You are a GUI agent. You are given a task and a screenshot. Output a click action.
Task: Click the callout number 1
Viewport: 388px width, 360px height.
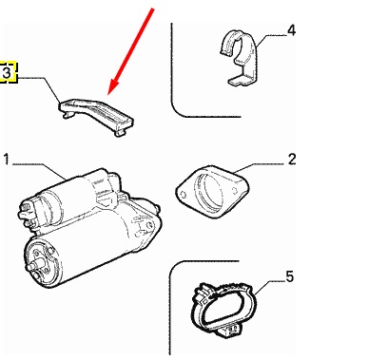[7, 160]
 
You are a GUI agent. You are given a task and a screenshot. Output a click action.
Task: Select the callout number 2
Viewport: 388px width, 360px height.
[292, 159]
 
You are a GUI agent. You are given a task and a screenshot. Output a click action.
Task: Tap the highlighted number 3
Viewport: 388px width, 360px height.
[7, 72]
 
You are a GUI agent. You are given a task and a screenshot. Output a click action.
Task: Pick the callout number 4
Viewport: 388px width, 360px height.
[291, 30]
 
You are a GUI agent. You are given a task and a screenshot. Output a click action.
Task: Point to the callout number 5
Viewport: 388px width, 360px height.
[290, 276]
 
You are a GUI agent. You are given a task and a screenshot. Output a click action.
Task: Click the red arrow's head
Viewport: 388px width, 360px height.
[111, 87]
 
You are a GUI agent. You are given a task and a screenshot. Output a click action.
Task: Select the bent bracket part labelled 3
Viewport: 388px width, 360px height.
[96, 116]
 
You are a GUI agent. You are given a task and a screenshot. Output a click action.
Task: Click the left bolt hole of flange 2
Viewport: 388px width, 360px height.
[183, 195]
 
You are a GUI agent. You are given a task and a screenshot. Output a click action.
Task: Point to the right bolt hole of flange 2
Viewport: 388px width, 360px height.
[235, 191]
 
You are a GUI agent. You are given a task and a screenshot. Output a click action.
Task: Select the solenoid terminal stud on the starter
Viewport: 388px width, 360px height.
[24, 215]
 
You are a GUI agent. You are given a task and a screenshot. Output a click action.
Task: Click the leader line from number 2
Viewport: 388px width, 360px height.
[259, 167]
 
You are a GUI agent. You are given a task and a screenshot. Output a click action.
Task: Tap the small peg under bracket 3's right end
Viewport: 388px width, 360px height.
[119, 133]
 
